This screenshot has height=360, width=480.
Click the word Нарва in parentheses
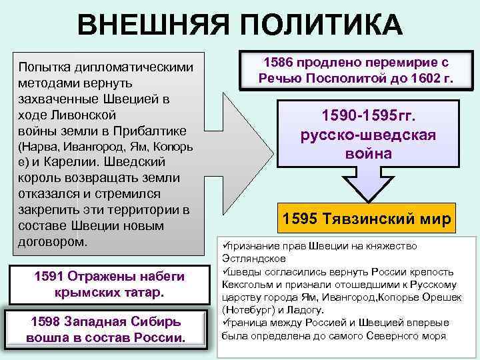tap(39, 146)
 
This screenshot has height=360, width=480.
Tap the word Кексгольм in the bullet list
tap(245, 284)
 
